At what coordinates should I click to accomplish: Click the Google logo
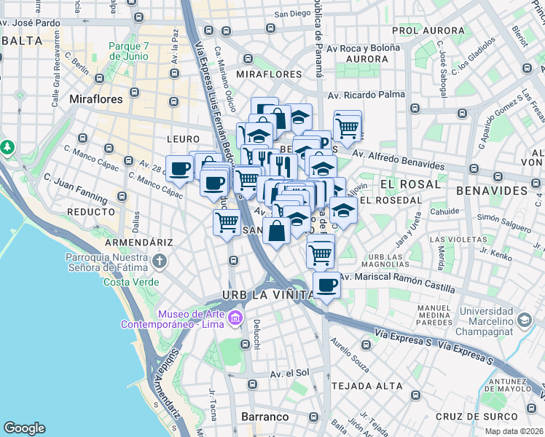[x=24, y=428]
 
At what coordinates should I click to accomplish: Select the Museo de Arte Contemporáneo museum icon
[x=235, y=318]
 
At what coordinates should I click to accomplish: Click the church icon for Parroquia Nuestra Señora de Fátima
[x=159, y=261]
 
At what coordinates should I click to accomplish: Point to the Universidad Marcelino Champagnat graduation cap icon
[x=524, y=320]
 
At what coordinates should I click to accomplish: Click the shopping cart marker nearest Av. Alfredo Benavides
[x=348, y=127]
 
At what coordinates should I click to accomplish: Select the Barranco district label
[x=264, y=417]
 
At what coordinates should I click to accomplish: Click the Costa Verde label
[x=132, y=282]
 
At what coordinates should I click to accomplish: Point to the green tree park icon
[x=7, y=147]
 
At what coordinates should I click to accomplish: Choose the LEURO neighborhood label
[x=183, y=138]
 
